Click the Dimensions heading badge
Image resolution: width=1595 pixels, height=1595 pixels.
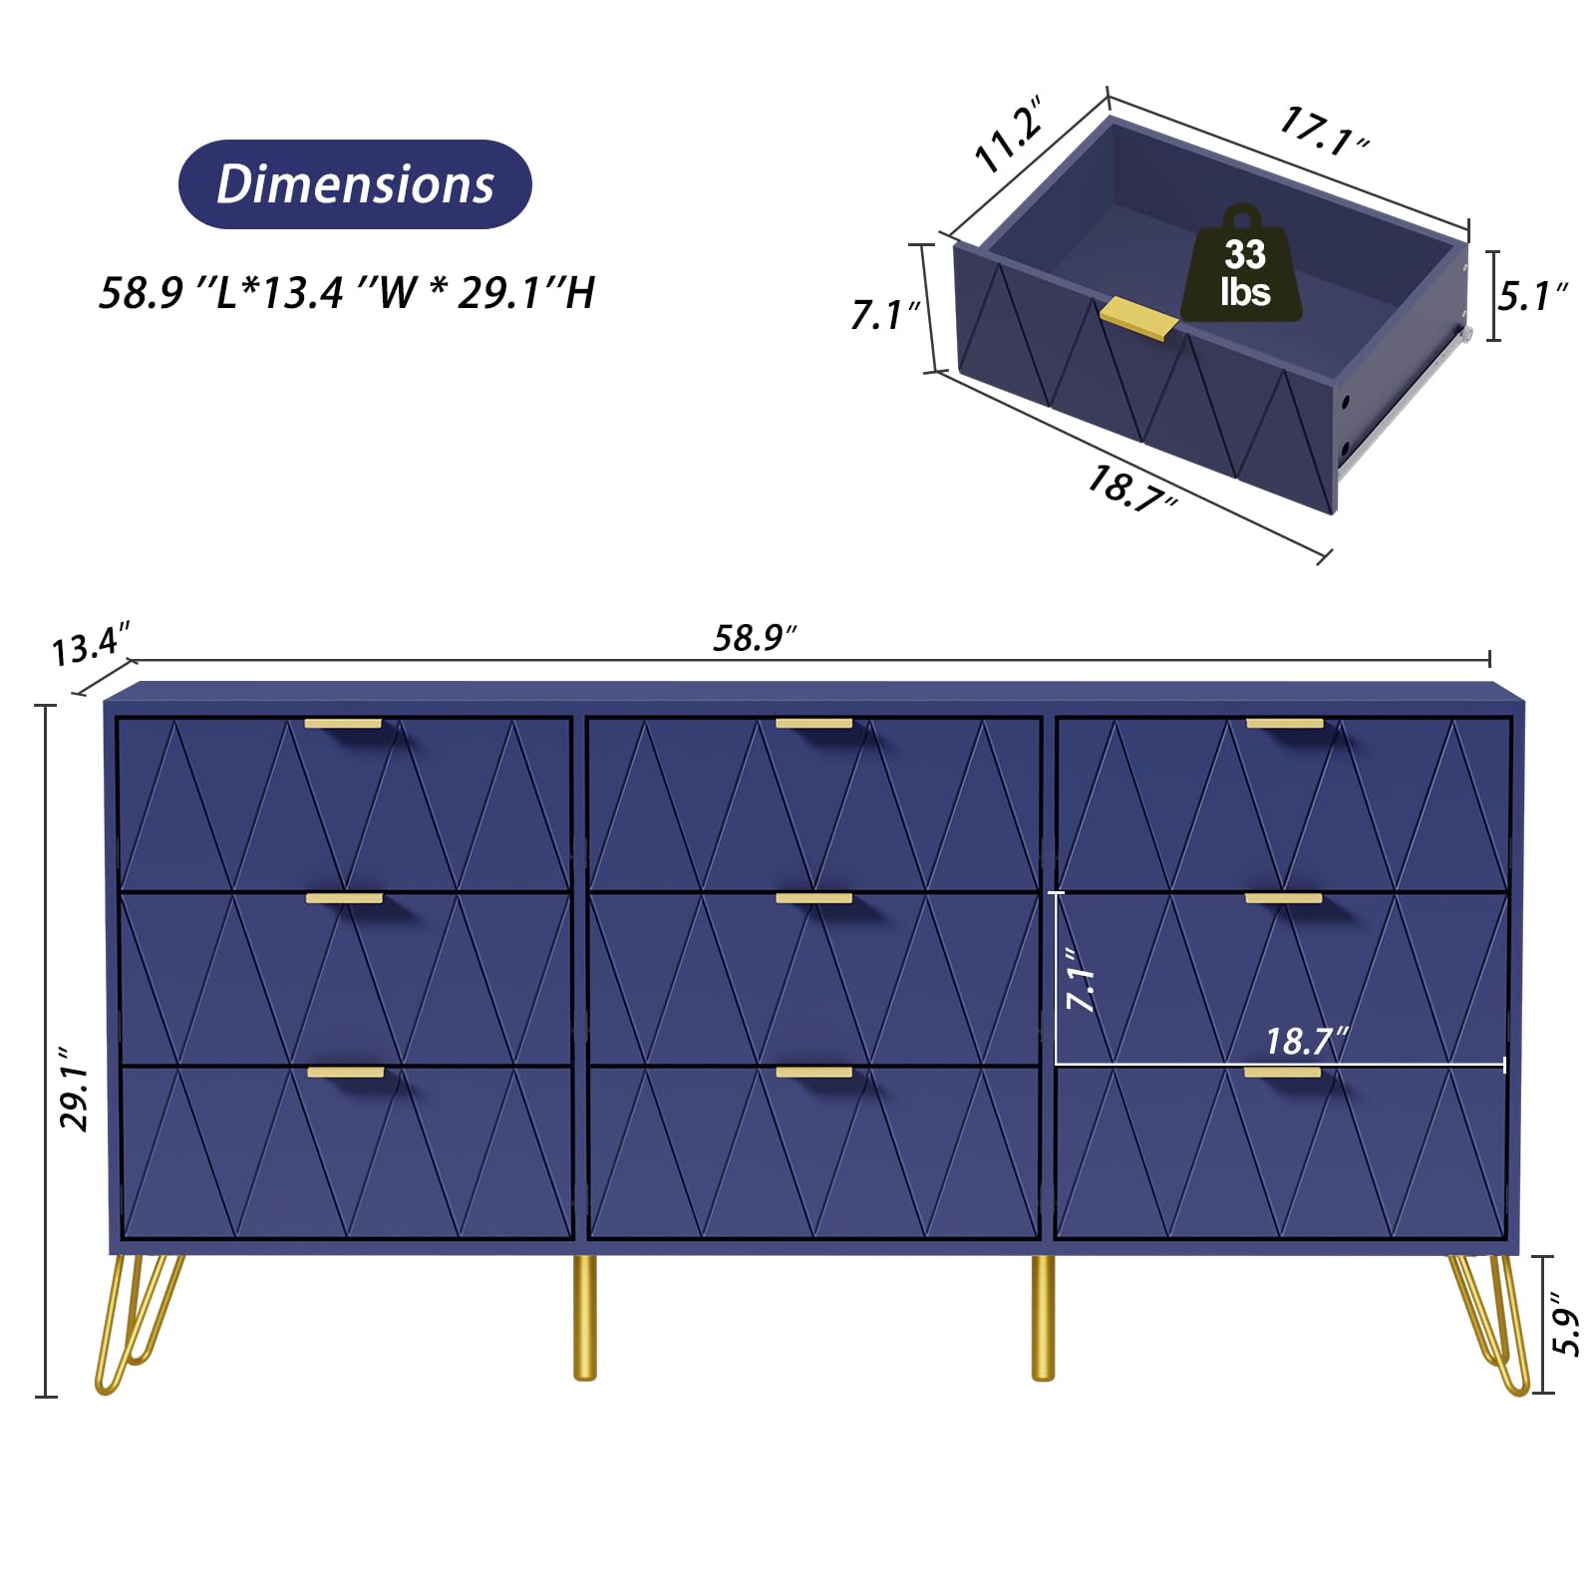pos(355,184)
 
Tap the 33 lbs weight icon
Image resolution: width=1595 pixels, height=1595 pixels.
pos(1242,263)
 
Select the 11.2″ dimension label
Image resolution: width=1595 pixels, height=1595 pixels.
pos(1010,135)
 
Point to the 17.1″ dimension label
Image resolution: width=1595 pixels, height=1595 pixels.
pos(1324,132)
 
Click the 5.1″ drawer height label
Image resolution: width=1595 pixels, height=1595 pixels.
pos(1532,296)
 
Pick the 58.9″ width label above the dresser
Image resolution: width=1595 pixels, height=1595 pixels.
pos(755,638)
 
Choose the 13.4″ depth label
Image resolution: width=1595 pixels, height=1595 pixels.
pos(91,644)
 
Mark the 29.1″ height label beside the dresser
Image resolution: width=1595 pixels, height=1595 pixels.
pos(76,1089)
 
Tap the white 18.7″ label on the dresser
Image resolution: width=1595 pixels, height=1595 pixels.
pos(1307,1041)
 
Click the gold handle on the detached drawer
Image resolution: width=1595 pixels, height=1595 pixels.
pos(1138,318)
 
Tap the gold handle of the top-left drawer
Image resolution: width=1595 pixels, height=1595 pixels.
pos(343,724)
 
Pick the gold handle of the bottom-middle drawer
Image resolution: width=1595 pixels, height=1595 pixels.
pos(813,1073)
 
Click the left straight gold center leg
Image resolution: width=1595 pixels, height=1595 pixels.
pos(585,1317)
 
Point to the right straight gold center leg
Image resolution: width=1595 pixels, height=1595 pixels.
pos(1043,1317)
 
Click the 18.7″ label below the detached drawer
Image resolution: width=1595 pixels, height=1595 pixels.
pos(1132,488)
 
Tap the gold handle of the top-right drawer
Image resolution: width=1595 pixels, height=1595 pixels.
pos(1285,724)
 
